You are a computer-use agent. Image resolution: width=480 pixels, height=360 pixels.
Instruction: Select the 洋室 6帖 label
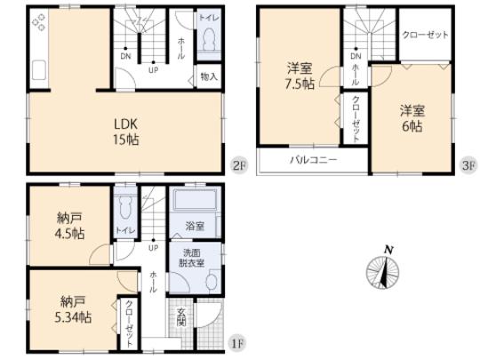tap(410, 118)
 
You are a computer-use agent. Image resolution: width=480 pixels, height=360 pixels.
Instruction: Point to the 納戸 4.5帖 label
tap(67, 226)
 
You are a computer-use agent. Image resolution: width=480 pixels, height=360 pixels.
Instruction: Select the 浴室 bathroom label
tap(195, 228)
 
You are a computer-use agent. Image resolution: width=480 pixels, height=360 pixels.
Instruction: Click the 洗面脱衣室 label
tap(194, 257)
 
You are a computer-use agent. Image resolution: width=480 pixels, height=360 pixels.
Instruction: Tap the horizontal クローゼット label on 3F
tap(424, 36)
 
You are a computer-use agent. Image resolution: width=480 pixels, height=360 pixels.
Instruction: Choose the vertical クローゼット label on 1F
tap(128, 316)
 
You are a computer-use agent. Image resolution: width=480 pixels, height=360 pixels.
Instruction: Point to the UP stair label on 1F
tap(153, 248)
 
